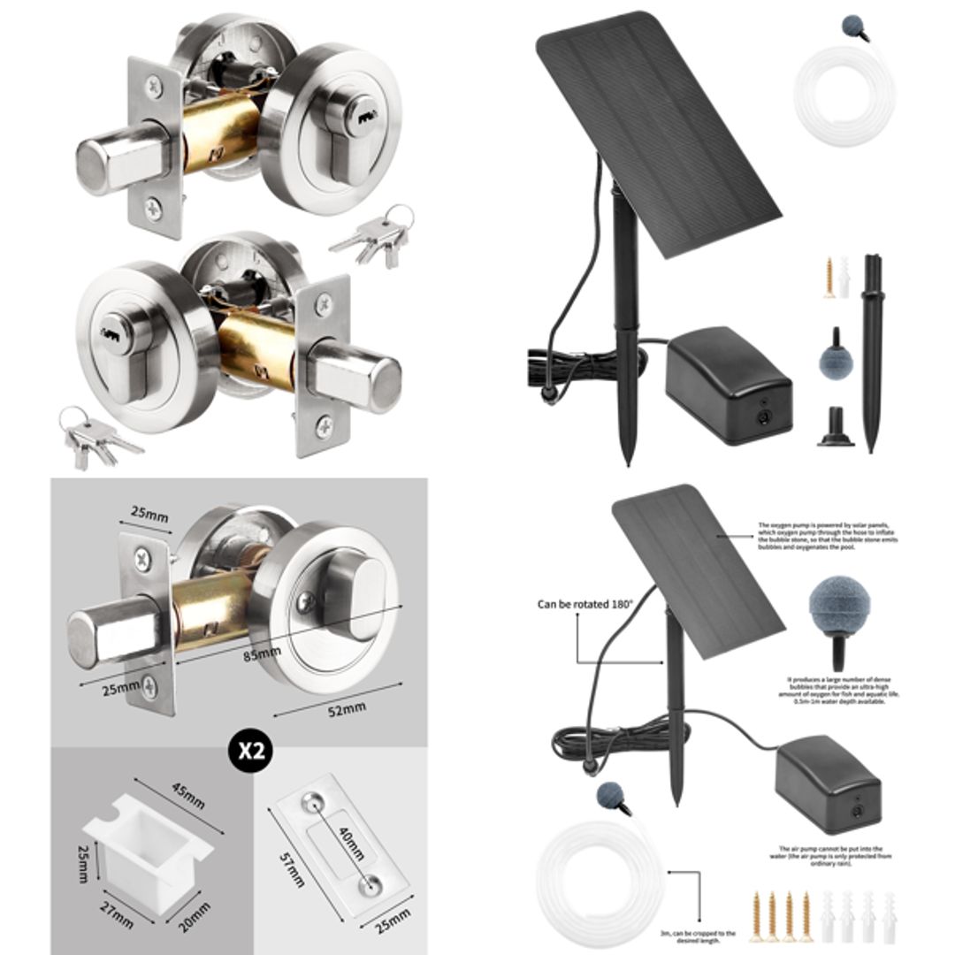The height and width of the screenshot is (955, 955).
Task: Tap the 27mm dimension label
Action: click(115, 917)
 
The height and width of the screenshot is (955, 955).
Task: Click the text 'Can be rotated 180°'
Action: click(584, 605)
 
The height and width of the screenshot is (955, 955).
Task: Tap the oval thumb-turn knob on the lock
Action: click(352, 598)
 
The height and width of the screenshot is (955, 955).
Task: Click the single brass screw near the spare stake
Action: click(829, 276)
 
